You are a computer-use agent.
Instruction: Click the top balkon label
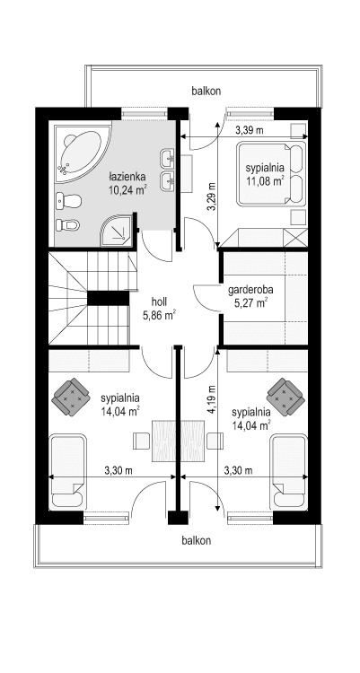point(206,91)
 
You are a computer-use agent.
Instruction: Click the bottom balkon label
point(196,540)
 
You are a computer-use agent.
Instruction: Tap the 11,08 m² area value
point(266,181)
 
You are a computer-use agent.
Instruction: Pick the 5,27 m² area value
point(250,302)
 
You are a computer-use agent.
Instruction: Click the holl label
point(159,302)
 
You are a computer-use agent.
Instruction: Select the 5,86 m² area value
point(159,315)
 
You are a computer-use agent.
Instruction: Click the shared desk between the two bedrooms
point(173,440)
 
